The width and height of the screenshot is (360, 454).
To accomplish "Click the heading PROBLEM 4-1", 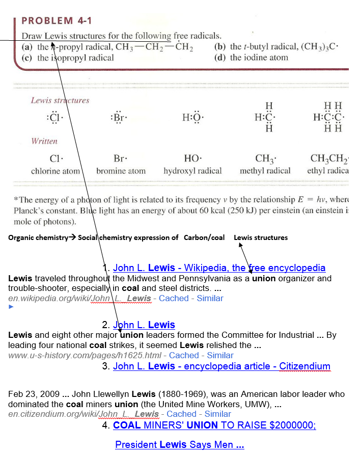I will click(x=57, y=21).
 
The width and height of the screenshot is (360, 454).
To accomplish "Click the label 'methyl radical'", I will click(x=265, y=171).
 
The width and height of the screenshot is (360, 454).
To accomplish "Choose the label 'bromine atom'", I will click(x=121, y=171).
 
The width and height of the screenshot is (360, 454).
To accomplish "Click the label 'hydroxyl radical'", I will click(x=192, y=171).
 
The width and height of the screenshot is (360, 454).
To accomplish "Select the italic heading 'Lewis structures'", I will click(x=60, y=100).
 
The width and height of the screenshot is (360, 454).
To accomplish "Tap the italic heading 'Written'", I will click(x=44, y=141).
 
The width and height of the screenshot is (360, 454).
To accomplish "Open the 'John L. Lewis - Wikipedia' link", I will click(x=219, y=268).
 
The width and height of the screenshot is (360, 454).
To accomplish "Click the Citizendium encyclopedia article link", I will click(x=221, y=366).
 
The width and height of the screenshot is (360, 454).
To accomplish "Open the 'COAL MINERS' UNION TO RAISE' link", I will click(x=214, y=425).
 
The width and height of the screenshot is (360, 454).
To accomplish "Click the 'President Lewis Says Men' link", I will click(x=180, y=445).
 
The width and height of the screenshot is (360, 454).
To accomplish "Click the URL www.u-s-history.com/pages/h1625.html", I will click(x=86, y=355).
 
